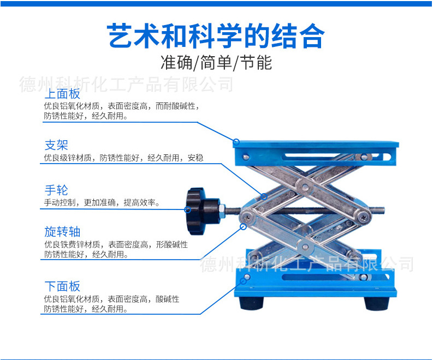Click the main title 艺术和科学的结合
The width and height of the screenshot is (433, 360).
pyautogui.click(x=216, y=36)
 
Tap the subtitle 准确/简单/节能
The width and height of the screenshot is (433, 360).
pyautogui.click(x=216, y=63)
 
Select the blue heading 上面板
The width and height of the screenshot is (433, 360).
pyautogui.click(x=62, y=94)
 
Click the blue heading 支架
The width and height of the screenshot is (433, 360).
pyautogui.click(x=56, y=145)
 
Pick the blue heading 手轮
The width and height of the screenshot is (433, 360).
pyautogui.click(x=56, y=190)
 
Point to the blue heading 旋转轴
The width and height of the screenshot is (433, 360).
pyautogui.click(x=62, y=232)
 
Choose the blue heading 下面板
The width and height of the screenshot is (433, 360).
pyautogui.click(x=62, y=286)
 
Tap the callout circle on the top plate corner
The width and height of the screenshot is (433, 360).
pyautogui.click(x=236, y=142)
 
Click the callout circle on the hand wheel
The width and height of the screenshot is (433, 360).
pyautogui.click(x=187, y=209)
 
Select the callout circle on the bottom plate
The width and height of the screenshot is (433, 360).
pyautogui.click(x=244, y=281)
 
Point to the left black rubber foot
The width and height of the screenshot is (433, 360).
pyautogui.click(x=252, y=303)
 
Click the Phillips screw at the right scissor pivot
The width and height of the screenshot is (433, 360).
pyautogui.click(x=364, y=217)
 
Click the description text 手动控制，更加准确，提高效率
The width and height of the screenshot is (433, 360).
pyautogui.click(x=102, y=203)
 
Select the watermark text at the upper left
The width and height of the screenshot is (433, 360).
pyautogui.click(x=126, y=84)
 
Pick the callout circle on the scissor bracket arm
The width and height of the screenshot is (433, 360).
pyautogui.click(x=264, y=196)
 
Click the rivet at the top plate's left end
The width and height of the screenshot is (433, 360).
pyautogui.click(x=246, y=157)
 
